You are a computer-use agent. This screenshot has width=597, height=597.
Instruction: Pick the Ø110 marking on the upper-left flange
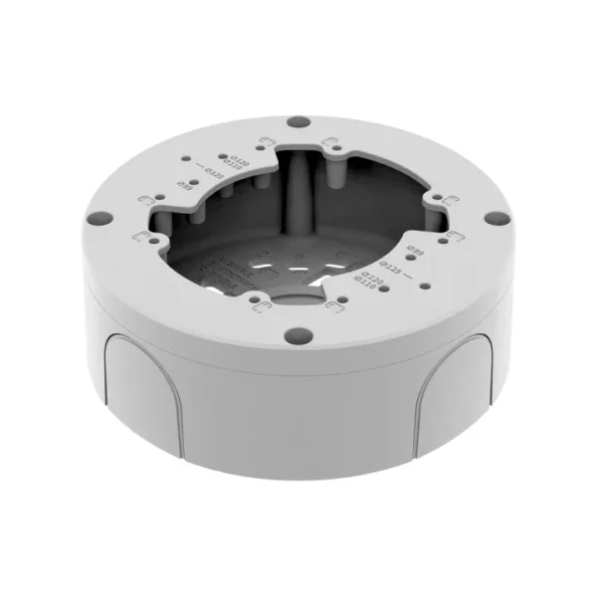pos(232,164)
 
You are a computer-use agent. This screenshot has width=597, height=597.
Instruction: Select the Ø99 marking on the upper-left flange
pos(184,184)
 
